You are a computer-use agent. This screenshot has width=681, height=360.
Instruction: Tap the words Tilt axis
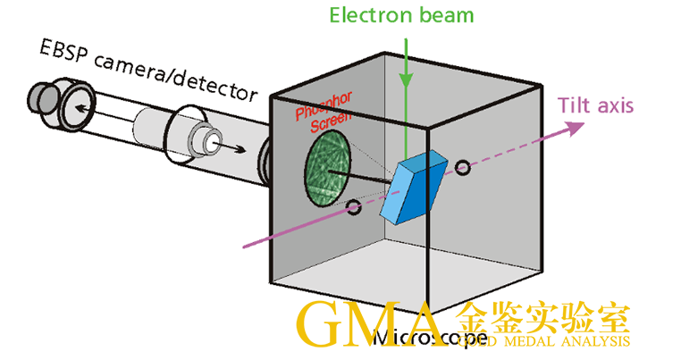[x=596, y=105]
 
